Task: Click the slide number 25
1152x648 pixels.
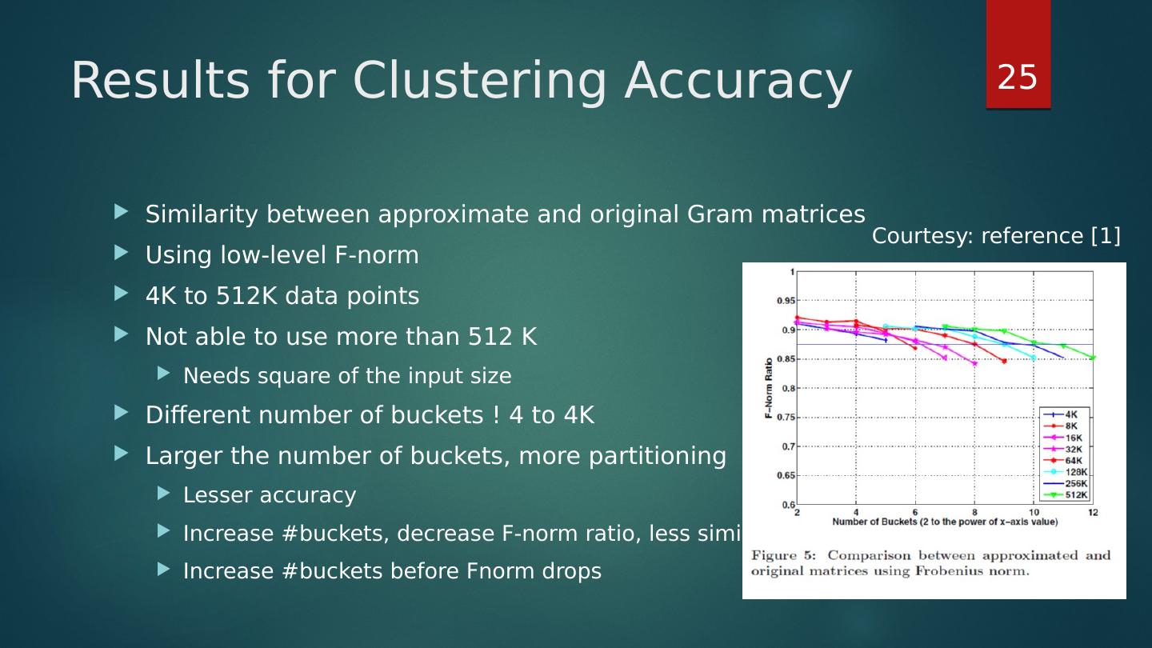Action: point(1018,78)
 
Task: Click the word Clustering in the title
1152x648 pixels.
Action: point(478,81)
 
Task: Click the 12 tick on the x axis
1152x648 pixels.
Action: point(1092,512)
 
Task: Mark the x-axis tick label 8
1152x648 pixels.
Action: point(974,512)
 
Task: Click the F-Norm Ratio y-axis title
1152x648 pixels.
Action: point(769,389)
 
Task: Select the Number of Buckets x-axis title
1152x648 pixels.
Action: point(944,522)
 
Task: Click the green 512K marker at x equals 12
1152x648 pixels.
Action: point(1092,358)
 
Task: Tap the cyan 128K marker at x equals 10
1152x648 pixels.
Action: point(1033,358)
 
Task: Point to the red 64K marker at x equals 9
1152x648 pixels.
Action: point(1004,361)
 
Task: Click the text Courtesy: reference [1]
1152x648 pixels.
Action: point(996,236)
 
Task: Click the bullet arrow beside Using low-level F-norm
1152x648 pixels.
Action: point(121,254)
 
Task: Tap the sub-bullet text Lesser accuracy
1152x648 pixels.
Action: point(269,495)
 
